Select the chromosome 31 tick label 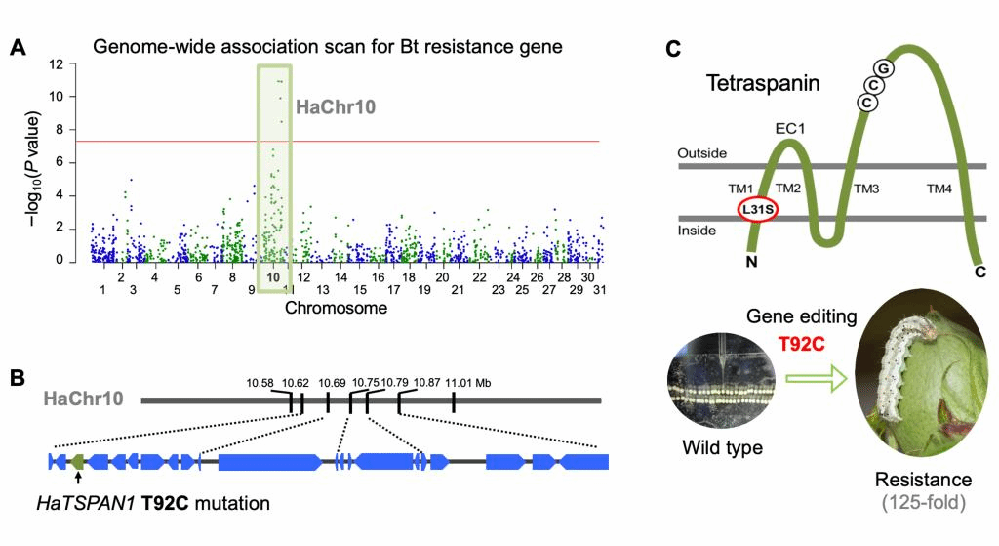coord(600,290)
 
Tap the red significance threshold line coord(439,142)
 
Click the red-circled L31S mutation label coord(757,209)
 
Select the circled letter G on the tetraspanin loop coord(883,68)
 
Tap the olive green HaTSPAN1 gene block coord(78,460)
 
